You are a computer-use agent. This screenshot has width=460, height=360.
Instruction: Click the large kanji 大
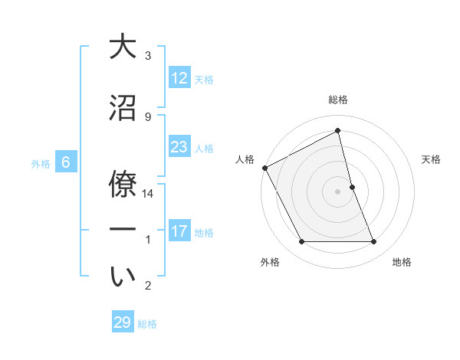(123, 47)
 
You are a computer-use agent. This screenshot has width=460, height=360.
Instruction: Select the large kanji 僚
(123, 184)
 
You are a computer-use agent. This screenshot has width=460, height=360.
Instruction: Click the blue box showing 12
(179, 78)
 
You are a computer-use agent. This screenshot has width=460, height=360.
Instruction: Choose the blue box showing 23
(179, 147)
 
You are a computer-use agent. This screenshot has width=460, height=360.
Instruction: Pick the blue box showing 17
(179, 231)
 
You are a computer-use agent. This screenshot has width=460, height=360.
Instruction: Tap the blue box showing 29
(123, 322)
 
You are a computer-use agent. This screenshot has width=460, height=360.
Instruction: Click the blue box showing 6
(66, 162)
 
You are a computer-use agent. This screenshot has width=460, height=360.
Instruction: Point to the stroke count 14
(149, 195)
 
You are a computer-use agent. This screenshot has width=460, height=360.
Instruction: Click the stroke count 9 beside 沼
(148, 116)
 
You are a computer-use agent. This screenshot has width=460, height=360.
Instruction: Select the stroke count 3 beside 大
(148, 56)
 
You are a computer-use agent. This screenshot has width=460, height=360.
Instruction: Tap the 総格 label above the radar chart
(338, 100)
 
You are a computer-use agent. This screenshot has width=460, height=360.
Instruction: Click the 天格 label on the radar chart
(432, 159)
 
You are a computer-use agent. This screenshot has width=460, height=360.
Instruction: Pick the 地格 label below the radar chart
(402, 262)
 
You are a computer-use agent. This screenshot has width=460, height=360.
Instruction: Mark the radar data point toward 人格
(264, 168)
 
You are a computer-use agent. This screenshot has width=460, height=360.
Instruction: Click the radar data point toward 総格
(338, 131)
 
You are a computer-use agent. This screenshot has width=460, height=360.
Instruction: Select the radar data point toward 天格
(352, 187)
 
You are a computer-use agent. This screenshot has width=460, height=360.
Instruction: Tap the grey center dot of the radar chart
(338, 191)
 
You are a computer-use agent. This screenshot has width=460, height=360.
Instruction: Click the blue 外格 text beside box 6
(40, 163)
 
